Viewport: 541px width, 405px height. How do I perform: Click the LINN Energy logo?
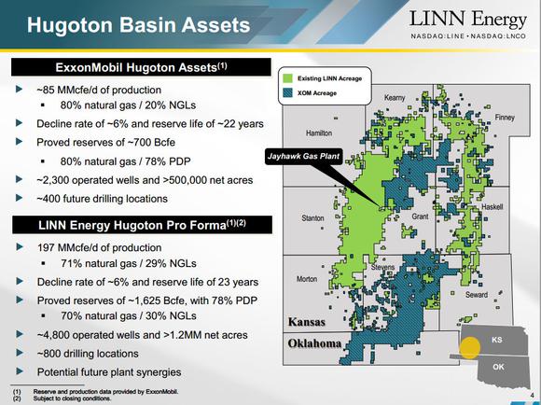click(x=468, y=24)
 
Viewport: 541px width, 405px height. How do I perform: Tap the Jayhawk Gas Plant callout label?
click(x=304, y=156)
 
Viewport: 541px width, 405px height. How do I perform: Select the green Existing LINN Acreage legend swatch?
click(x=287, y=78)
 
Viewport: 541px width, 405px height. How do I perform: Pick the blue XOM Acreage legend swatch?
click(x=287, y=93)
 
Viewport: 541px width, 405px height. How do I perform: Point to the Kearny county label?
click(x=395, y=98)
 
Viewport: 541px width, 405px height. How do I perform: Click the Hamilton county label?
click(x=319, y=133)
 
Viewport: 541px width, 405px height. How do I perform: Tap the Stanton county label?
click(x=312, y=217)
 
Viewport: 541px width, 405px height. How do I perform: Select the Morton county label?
click(x=307, y=279)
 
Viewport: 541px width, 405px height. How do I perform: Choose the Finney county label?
click(x=505, y=118)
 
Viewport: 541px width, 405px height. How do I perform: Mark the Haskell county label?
click(x=492, y=207)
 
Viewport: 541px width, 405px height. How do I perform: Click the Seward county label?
click(x=477, y=295)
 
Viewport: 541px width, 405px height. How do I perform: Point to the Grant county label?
click(x=420, y=216)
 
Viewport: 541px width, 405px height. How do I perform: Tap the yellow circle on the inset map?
click(x=469, y=348)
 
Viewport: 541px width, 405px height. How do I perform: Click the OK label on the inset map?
click(x=498, y=367)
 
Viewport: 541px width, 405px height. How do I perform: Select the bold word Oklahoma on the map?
click(x=314, y=343)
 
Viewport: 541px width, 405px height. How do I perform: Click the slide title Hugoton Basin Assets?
click(x=138, y=25)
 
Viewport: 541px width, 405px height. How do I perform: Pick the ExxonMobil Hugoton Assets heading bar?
click(x=141, y=67)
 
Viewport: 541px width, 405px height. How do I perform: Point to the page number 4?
click(x=532, y=395)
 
